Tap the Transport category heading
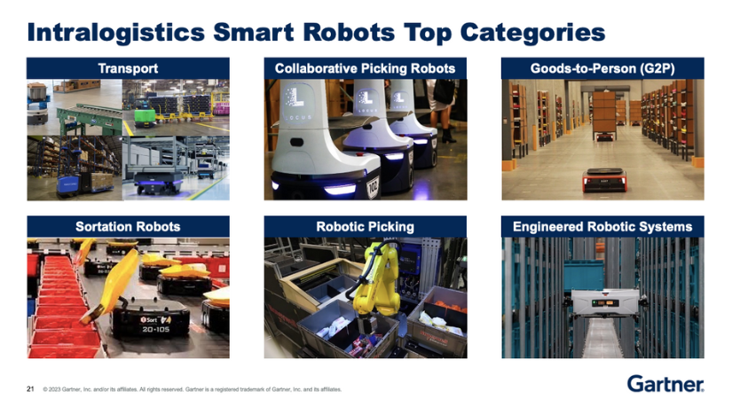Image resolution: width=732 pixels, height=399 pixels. coord(128,68)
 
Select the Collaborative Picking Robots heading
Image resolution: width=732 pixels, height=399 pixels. coord(365,68)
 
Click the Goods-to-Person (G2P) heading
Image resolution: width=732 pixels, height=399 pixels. coord(602,68)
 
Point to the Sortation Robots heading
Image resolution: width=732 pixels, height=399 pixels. coord(128,227)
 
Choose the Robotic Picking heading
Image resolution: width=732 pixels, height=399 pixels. coord(365,227)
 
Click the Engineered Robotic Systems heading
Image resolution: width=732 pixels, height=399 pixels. coord(602,227)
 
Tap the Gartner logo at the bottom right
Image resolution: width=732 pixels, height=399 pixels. coord(665,383)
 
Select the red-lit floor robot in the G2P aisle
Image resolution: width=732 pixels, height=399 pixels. coord(603,180)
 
